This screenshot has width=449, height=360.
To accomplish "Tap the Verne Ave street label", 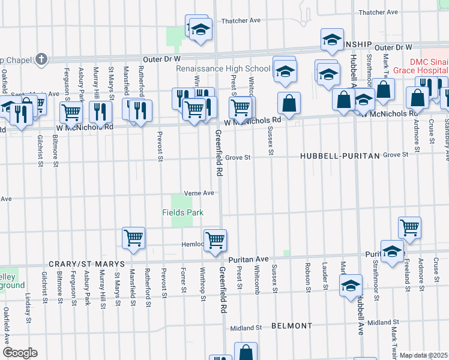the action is click(x=199, y=193).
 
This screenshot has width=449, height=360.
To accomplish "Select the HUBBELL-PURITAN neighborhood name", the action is click(x=340, y=156).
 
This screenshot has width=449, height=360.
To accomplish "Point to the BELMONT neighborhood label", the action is click(x=292, y=326).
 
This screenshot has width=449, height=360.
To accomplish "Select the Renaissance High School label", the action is click(x=223, y=69).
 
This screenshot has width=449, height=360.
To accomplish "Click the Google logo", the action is click(x=20, y=353).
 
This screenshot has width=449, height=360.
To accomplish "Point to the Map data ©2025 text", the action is click(x=424, y=355).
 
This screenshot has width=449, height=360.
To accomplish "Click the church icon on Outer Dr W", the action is click(x=41, y=59).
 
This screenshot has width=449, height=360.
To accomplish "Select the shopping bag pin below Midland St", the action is click(x=246, y=352).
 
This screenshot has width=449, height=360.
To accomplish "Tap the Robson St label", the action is click(x=308, y=274).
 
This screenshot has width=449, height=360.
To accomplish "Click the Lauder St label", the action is click(x=324, y=274).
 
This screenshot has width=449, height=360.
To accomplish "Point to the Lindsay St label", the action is click(x=28, y=307).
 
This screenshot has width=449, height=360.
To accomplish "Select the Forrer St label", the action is click(x=183, y=281).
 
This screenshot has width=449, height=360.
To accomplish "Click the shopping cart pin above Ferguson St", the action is click(x=71, y=111).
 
